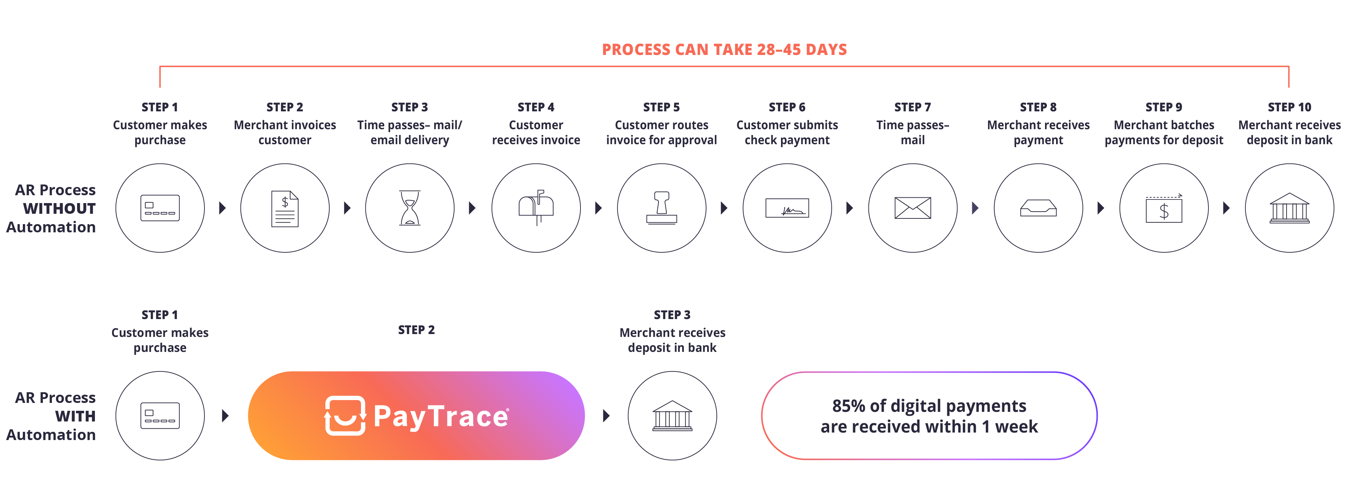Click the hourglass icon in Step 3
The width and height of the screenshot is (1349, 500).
tap(410, 208)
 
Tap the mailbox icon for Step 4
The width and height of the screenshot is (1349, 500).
tap(536, 208)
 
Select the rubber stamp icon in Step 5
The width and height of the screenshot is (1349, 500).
tap(661, 208)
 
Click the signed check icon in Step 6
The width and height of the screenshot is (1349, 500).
tap(787, 208)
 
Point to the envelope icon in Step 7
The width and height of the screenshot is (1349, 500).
tap(913, 208)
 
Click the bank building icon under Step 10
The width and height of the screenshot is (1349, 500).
tap(1289, 208)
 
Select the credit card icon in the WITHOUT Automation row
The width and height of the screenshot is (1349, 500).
tap(160, 208)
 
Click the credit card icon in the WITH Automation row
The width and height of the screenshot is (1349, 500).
tap(160, 416)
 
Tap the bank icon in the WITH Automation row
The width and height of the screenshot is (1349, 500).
tap(673, 416)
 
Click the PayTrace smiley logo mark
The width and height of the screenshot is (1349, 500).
tap(345, 416)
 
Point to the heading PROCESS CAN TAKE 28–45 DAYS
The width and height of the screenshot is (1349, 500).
tap(724, 50)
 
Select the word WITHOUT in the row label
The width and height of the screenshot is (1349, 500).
tap(59, 208)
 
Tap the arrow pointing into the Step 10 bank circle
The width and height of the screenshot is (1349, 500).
tap(1227, 208)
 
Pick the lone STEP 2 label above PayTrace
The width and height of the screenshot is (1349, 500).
tap(416, 330)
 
